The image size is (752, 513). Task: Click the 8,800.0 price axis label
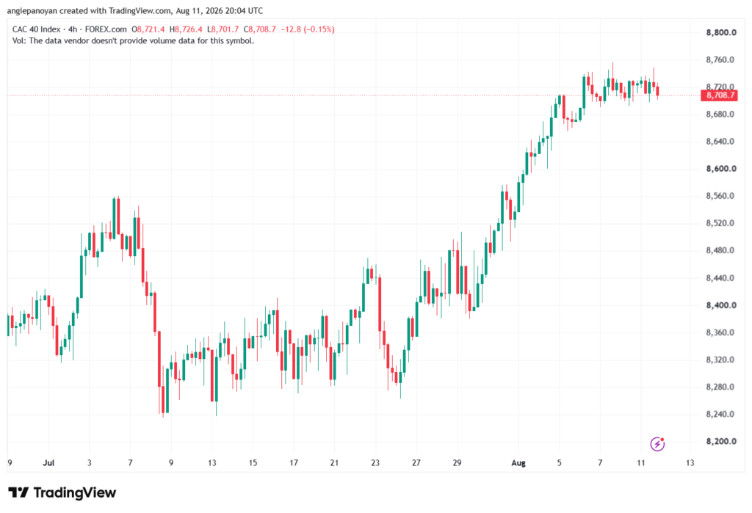[x=721, y=32]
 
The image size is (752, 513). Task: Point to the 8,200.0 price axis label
[x=721, y=441]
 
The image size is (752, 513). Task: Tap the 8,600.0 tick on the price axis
[x=721, y=169]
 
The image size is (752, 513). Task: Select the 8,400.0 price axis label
[x=721, y=305]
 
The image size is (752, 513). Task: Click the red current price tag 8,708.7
[x=720, y=95]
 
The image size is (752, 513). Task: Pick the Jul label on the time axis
[x=48, y=462]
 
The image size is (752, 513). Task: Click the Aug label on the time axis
[x=518, y=462]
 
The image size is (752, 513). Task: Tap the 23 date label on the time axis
[x=375, y=462]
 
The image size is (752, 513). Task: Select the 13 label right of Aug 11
[x=690, y=462]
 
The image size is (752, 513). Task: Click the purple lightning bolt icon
[x=657, y=444]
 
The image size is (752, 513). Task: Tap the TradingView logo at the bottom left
[x=62, y=492]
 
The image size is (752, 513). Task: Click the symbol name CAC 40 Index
[x=37, y=29]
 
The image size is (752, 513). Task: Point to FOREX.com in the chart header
[x=106, y=29]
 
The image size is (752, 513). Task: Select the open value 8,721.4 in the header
[x=151, y=29]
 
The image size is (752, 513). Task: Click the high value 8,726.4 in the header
[x=189, y=29]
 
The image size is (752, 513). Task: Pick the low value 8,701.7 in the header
[x=225, y=29]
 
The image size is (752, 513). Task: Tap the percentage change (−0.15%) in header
[x=319, y=29]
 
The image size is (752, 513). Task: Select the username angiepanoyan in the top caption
[x=32, y=10]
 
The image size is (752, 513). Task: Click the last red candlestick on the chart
[x=657, y=91]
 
